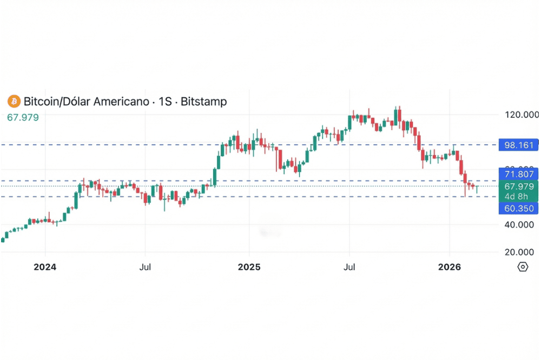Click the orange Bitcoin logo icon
pos(14,101)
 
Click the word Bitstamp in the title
pos(203,101)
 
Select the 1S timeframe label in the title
pos(166,101)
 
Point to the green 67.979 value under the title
pos(23,117)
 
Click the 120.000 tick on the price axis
pos(522,115)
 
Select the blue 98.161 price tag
pos(519,145)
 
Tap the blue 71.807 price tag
pos(519,174)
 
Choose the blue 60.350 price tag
pos(519,209)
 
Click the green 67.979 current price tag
pos(519,186)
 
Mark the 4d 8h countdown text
pos(516,196)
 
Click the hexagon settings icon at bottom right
pos(523,267)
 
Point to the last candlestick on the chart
pos(477,189)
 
